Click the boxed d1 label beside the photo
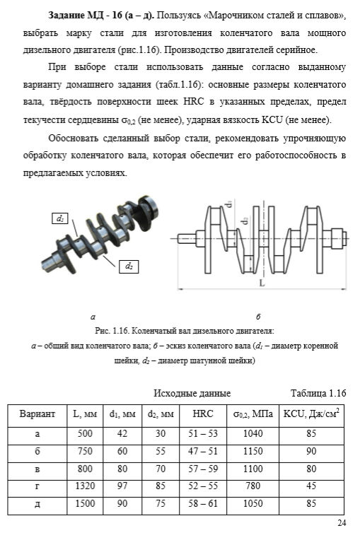click(x=60, y=218)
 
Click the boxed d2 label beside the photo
click(x=129, y=266)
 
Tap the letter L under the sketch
click(x=262, y=283)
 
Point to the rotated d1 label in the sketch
click(x=229, y=204)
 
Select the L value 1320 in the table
click(x=85, y=486)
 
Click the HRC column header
click(x=203, y=414)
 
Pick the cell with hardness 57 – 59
click(x=203, y=469)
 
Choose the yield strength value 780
click(x=252, y=486)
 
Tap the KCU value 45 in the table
click(x=311, y=486)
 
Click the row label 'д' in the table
click(x=37, y=504)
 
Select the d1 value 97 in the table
click(x=122, y=486)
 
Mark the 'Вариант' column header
click(x=37, y=414)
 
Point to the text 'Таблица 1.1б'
click(x=318, y=393)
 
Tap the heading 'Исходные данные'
click(x=192, y=393)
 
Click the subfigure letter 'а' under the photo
click(x=93, y=317)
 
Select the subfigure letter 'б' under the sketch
click(x=258, y=317)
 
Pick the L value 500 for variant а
click(x=85, y=433)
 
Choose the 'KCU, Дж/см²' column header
click(x=311, y=414)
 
